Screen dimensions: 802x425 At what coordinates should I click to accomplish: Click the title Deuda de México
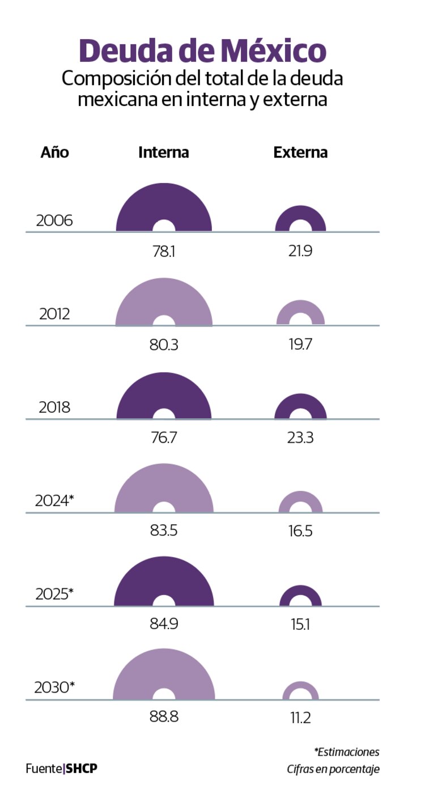(202, 51)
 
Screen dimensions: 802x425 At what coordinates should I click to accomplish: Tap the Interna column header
(164, 152)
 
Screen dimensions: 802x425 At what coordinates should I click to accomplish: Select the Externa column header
(300, 152)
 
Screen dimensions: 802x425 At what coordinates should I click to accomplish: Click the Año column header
(55, 152)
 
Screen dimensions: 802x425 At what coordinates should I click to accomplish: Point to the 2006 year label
(54, 220)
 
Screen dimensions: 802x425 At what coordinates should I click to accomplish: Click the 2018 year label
(54, 407)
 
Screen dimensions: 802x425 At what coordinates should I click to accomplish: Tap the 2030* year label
(54, 688)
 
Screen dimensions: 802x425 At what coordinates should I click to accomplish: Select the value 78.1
(164, 251)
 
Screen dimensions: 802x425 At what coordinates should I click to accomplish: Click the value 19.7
(300, 345)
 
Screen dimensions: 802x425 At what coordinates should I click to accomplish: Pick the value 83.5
(164, 532)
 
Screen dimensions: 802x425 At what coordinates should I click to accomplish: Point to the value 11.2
(300, 718)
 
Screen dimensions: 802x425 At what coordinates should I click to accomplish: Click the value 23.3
(300, 438)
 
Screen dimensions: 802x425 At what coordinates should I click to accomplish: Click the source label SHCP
(82, 769)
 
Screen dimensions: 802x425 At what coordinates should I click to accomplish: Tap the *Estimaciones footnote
(347, 752)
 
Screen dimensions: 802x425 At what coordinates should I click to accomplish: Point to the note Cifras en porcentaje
(333, 770)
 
